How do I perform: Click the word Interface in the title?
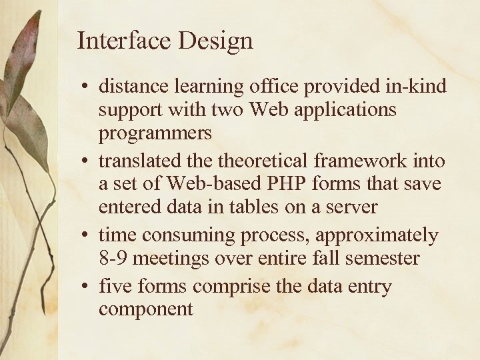123,41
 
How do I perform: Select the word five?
116,286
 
